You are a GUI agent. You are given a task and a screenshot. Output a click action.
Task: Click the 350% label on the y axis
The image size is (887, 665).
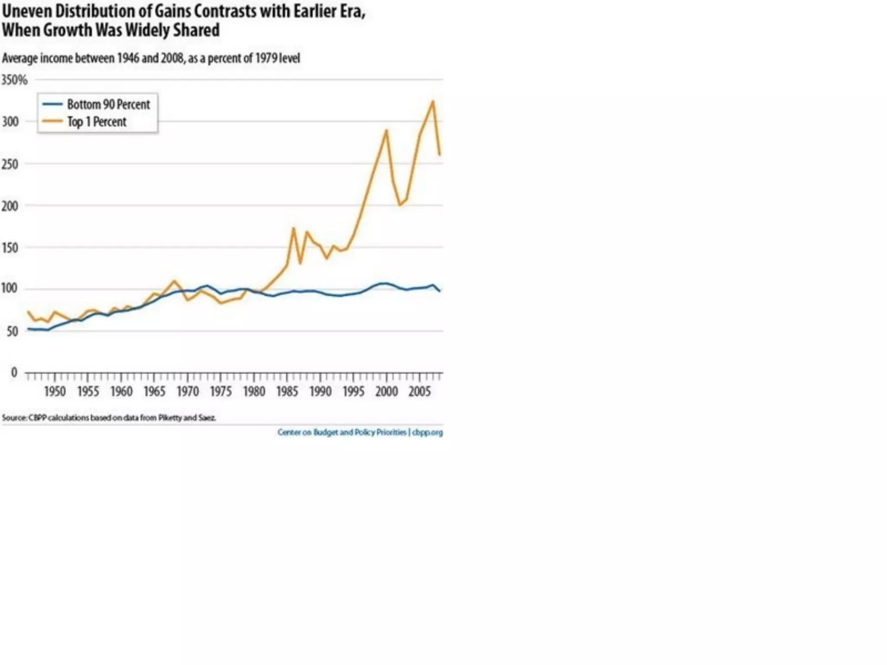tap(14, 80)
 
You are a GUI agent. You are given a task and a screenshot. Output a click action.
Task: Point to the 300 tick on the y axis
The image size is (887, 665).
tap(10, 122)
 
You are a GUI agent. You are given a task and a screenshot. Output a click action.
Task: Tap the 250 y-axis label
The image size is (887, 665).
tap(10, 164)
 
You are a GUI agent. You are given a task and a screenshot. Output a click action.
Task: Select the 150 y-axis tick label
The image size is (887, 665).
tap(10, 248)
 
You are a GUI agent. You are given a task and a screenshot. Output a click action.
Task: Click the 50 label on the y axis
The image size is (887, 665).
tap(12, 332)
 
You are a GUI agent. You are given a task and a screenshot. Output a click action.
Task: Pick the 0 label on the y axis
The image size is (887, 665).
tap(14, 372)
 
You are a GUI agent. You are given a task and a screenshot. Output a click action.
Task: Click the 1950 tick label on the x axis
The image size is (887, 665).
tap(55, 391)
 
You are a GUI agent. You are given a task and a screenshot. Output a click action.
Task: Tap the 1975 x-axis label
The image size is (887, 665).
tap(221, 391)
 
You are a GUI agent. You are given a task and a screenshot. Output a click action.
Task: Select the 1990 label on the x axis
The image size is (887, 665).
tap(320, 391)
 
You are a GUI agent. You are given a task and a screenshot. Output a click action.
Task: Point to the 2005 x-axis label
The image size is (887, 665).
tap(420, 391)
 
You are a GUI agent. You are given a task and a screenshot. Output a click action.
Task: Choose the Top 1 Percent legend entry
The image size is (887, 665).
tap(97, 122)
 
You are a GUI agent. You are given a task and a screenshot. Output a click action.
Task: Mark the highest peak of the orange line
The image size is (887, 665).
tap(433, 101)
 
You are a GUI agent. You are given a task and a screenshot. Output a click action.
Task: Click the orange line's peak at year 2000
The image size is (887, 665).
tap(386, 130)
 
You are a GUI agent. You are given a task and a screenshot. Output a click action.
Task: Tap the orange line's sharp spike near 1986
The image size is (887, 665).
tap(293, 228)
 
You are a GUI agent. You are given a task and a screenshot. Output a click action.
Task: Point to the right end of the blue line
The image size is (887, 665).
tap(440, 291)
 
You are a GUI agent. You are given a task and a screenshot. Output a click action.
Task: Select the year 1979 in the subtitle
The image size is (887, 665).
tap(266, 58)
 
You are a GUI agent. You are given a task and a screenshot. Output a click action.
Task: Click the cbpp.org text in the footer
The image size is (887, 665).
tap(427, 433)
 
